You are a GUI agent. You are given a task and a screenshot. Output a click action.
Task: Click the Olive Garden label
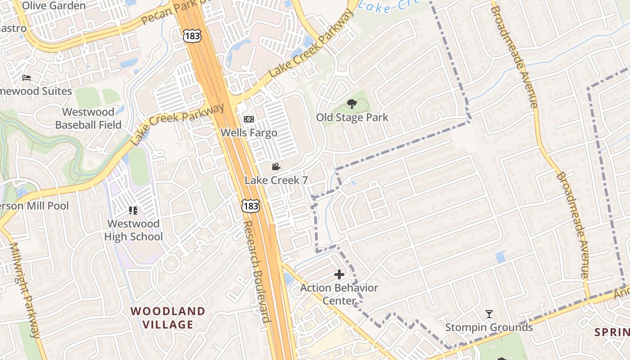point(54,6)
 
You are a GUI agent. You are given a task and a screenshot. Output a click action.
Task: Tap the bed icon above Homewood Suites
point(27,78)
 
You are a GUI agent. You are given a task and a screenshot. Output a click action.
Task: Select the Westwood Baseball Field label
point(88,118)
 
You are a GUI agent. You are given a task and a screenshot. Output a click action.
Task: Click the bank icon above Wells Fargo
point(248,119)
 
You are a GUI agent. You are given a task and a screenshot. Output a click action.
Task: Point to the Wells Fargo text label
point(249,133)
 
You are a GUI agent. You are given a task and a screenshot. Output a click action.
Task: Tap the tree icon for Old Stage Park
point(352,104)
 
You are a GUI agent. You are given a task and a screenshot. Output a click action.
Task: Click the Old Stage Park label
point(352,118)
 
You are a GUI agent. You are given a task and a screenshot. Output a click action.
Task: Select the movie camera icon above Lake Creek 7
point(276,167)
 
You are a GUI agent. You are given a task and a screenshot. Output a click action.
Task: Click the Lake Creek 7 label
point(276,180)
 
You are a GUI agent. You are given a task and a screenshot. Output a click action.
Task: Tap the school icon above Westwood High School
point(133,210)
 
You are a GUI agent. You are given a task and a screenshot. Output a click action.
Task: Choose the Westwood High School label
point(133,230)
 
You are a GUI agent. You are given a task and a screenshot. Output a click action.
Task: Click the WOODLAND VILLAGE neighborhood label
point(167,318)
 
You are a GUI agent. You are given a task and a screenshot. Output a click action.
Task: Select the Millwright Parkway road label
point(25,290)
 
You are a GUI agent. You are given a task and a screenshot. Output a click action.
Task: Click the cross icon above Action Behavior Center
point(339,274)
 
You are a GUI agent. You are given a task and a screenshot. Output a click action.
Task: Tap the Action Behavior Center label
point(339,294)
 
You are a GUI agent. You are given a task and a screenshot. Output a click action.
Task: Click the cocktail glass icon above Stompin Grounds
point(489,314)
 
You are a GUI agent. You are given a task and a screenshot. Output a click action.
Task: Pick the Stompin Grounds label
point(489,327)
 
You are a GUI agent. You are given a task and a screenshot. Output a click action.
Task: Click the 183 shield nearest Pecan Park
point(192,36)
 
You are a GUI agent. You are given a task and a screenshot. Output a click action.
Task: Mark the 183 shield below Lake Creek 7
point(250,206)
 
